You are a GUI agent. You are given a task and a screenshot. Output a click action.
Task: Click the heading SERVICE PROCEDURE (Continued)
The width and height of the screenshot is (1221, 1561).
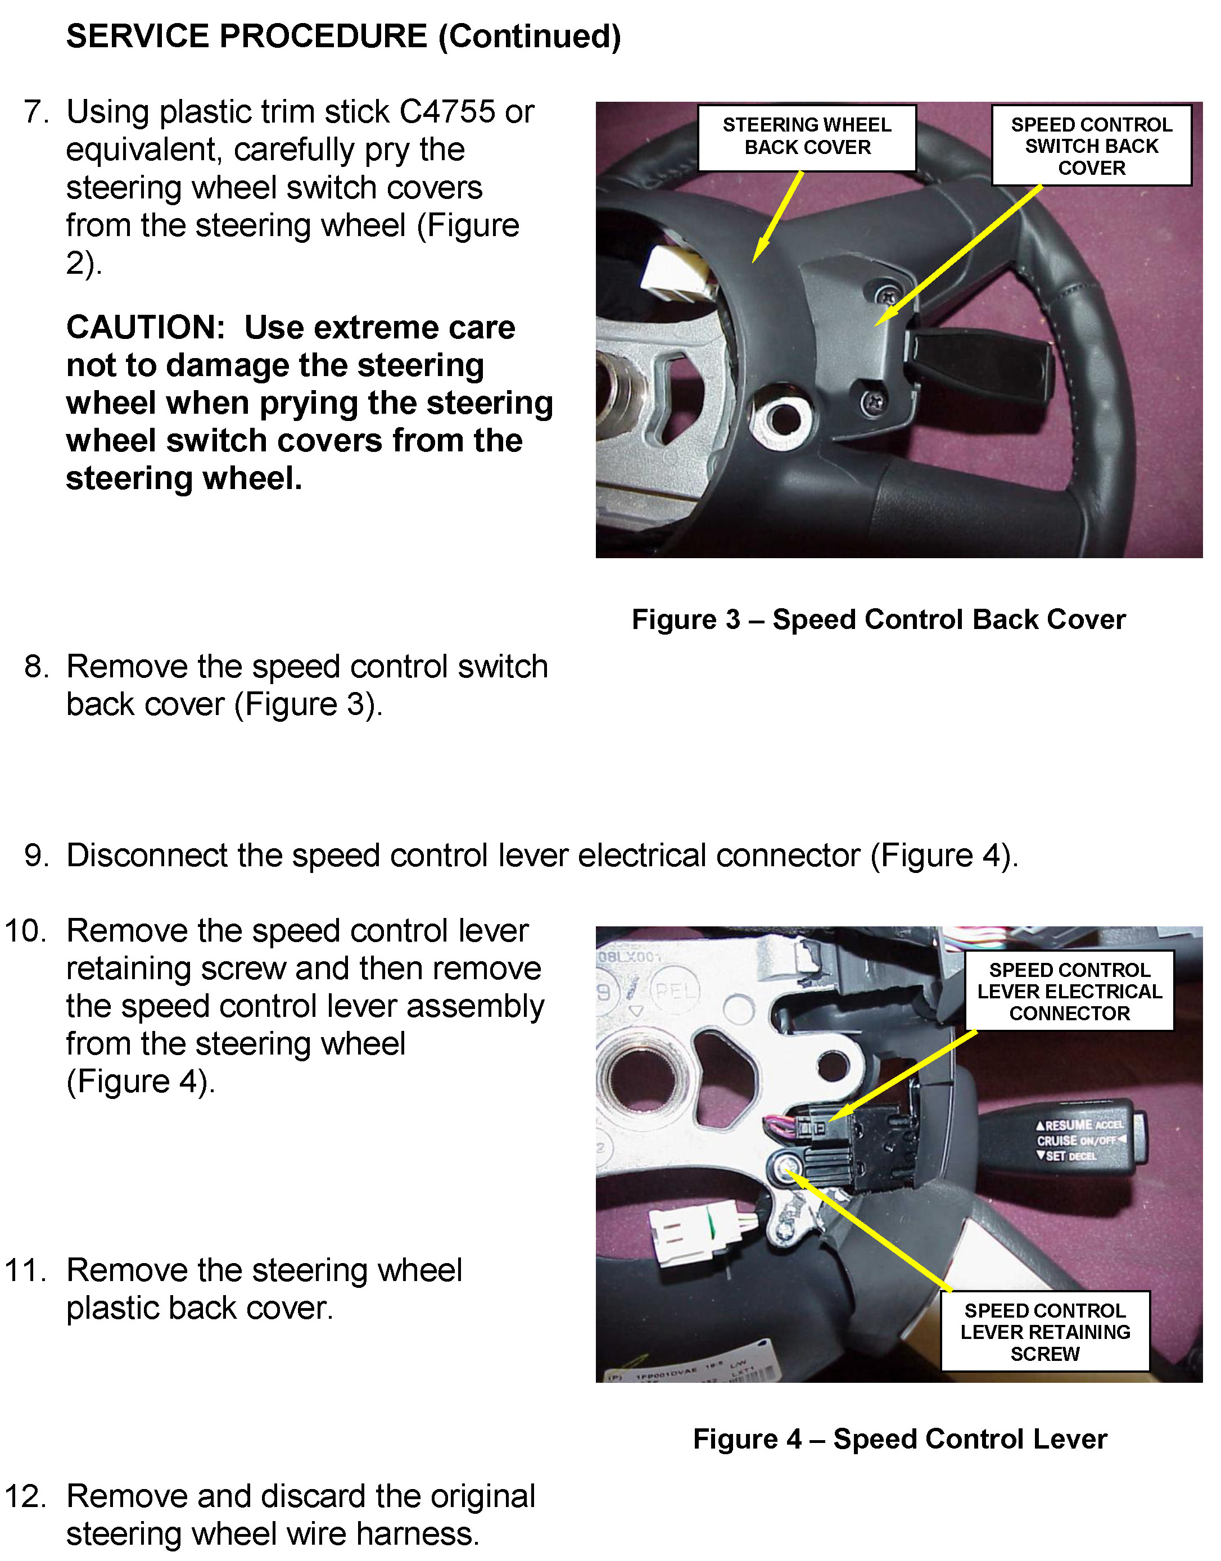point(343,37)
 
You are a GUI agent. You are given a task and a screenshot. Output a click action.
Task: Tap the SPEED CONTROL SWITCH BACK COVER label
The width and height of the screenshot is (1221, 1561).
point(1091,146)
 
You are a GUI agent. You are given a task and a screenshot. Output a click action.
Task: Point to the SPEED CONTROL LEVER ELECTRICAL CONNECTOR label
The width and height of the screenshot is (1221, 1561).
point(1069,992)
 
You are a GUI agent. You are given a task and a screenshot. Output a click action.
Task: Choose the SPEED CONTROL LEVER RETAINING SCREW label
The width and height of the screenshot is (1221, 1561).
point(1045,1332)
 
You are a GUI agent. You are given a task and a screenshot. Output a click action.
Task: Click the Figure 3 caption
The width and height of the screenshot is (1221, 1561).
point(878,619)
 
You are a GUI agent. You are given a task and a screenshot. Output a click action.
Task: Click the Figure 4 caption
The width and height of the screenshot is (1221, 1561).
point(899,1439)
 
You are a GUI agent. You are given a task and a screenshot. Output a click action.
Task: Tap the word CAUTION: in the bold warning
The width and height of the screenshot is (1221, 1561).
point(146,328)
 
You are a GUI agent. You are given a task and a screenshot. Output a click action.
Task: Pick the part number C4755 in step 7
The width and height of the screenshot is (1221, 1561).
point(447,112)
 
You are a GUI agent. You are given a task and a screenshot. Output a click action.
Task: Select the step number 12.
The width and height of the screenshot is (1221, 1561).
point(26,1496)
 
